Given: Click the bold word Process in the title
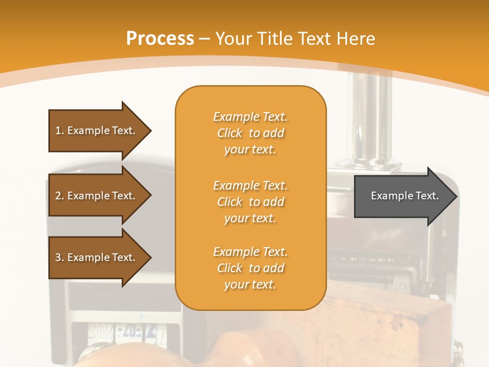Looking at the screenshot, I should tap(160, 39).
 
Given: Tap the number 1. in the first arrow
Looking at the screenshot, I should tap(60, 130).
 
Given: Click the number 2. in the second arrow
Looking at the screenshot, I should tap(60, 196).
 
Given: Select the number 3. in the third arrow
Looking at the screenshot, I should tap(60, 257).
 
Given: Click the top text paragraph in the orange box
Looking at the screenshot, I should tap(250, 133).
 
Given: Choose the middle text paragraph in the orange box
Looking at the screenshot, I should tap(250, 202).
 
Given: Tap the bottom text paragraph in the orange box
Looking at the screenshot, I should tap(250, 268).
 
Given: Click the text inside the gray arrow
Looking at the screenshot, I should tap(405, 196).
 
